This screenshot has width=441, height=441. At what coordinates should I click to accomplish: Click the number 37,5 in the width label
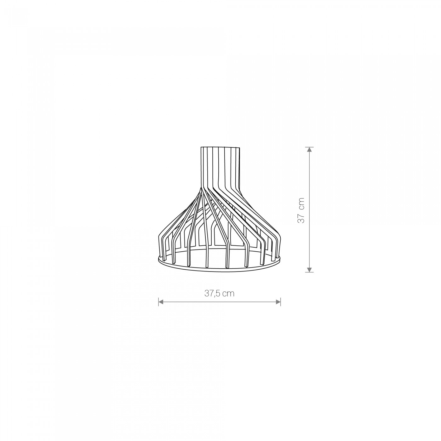[x=213, y=294]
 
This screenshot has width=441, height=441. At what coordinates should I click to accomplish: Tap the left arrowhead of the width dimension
[x=161, y=302]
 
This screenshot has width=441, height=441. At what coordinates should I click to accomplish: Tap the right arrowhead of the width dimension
[x=278, y=302]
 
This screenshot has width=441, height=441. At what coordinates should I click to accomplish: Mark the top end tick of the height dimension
[x=309, y=147]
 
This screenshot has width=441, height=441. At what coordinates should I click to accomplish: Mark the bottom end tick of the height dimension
[x=309, y=272]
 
